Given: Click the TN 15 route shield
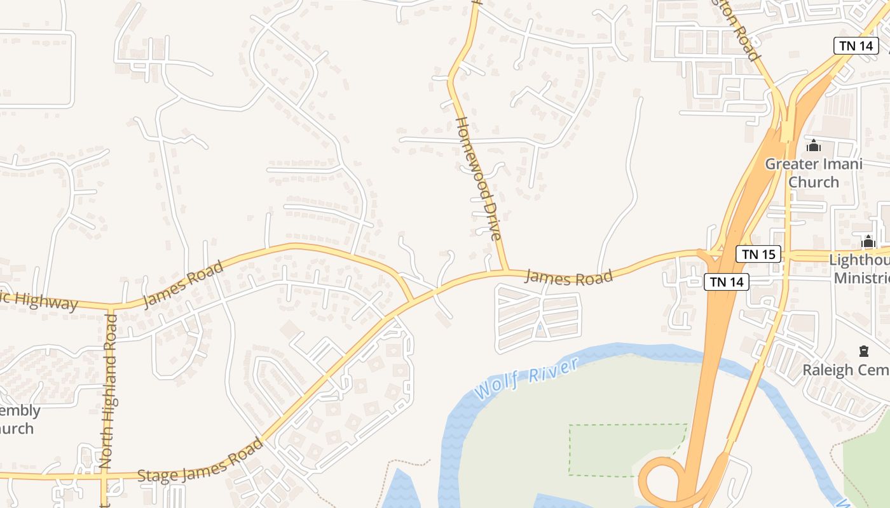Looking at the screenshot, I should [x=758, y=255].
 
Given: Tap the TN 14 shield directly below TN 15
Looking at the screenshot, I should [x=727, y=281].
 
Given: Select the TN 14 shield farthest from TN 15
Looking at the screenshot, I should [x=855, y=45].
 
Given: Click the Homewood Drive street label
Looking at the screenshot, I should [x=479, y=178].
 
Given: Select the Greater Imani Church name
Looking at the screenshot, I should [x=814, y=173].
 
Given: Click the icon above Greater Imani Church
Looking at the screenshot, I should [x=813, y=146].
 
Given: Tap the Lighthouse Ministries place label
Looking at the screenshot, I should [x=861, y=269].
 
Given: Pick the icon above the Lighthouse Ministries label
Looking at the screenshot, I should [x=868, y=241].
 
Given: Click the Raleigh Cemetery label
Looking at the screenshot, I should [x=845, y=370].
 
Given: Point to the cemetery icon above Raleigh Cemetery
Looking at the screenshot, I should [x=863, y=351].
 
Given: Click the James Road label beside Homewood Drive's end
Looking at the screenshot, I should [x=569, y=277].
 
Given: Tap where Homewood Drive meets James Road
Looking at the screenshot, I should [x=506, y=271].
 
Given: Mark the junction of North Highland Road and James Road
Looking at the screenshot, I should [x=111, y=309].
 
